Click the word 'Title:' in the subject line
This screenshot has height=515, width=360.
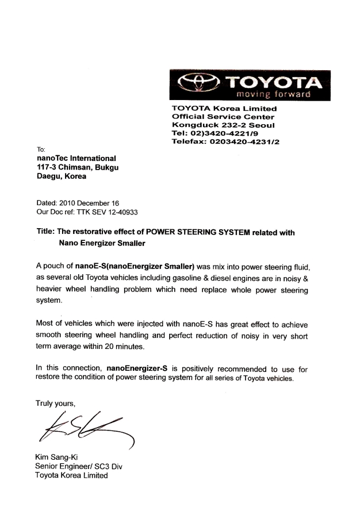47,233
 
